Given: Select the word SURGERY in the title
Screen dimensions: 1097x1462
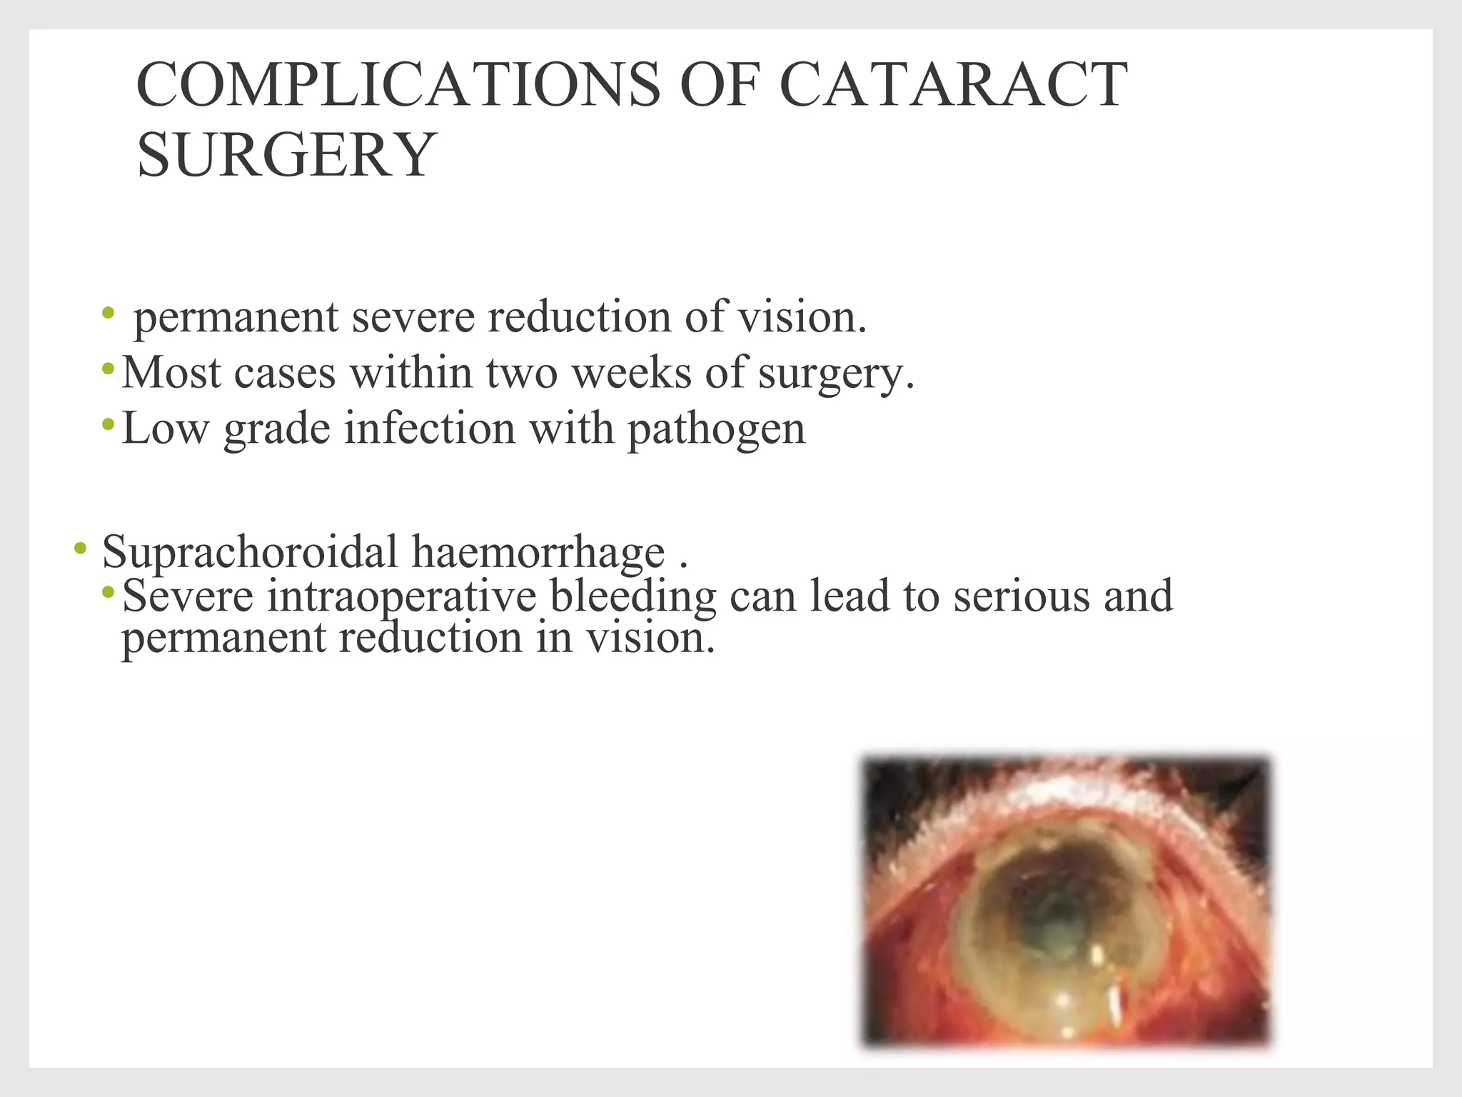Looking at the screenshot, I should (x=286, y=155).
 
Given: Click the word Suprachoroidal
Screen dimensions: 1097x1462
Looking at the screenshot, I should (x=249, y=553).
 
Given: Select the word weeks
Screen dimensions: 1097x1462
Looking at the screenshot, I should (x=632, y=374).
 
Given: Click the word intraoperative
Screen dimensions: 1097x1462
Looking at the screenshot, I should (x=400, y=596).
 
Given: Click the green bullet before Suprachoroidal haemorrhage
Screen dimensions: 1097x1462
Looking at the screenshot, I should (x=80, y=549).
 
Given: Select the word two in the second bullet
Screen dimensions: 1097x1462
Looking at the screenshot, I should (x=521, y=374).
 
